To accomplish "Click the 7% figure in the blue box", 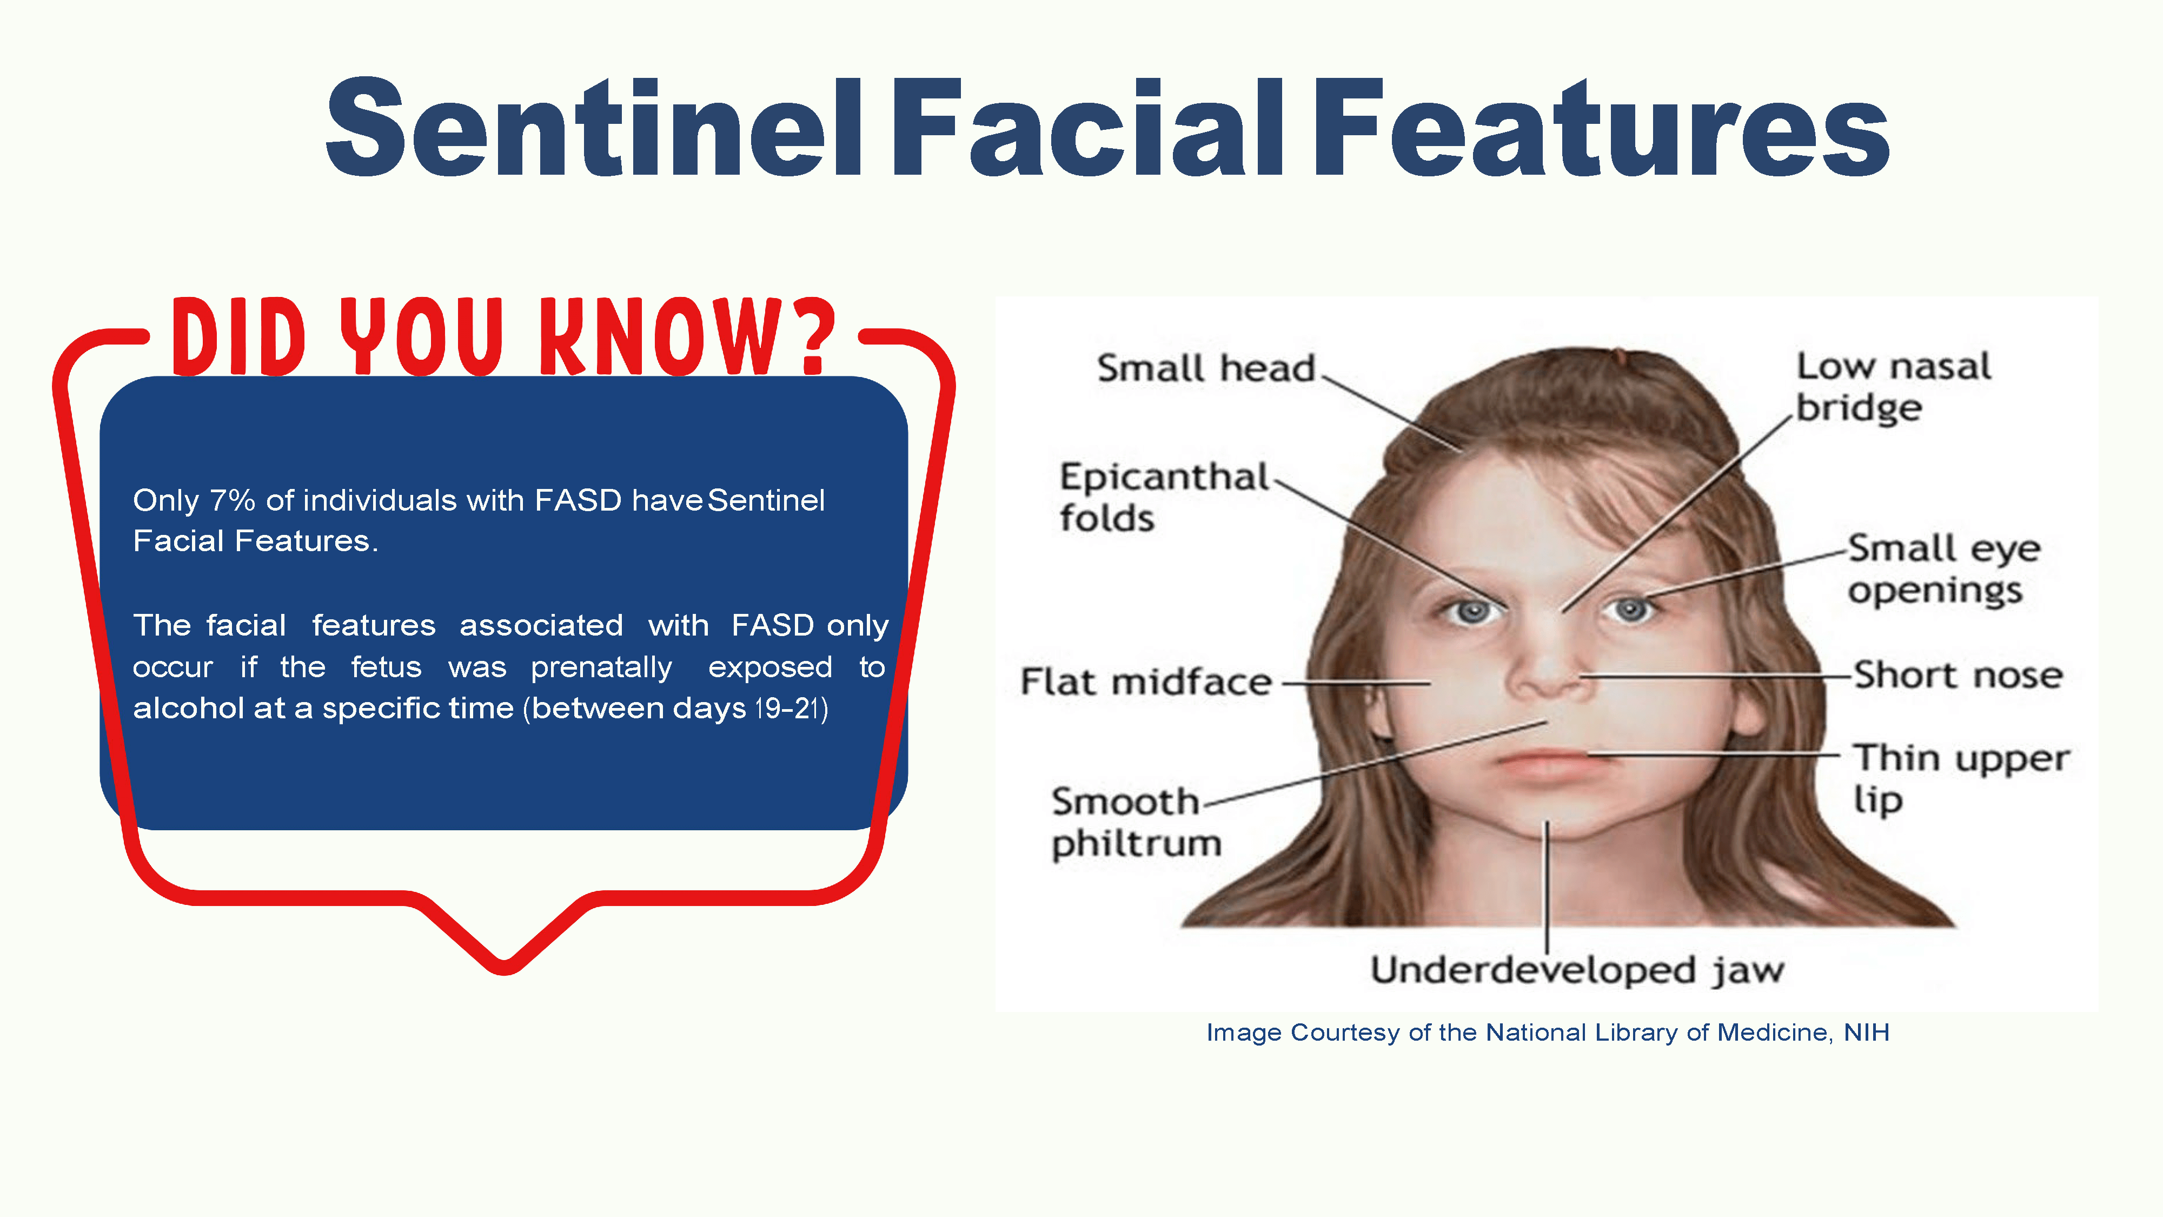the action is tap(233, 500).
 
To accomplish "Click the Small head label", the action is tap(1206, 368).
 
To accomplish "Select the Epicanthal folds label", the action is tap(1164, 497).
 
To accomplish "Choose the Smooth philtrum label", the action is tap(1136, 822).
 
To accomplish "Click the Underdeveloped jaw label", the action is tap(1577, 969).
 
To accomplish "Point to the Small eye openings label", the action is tap(1944, 568).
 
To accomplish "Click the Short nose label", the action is tap(1958, 674).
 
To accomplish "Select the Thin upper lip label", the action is tap(1961, 778).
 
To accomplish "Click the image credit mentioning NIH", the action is tap(1548, 1032).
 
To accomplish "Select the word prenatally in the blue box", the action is tap(601, 667).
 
